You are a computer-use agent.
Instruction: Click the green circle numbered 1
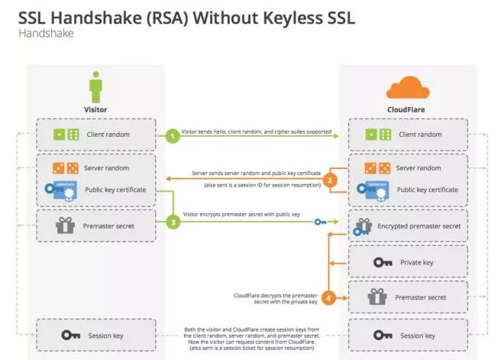(173, 136)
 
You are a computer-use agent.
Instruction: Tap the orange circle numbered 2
(330, 180)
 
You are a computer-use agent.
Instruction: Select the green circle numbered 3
(173, 222)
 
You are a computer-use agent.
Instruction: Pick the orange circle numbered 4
(328, 298)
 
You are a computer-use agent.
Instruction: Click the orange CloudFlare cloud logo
(407, 88)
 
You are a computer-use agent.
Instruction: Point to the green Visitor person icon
(96, 87)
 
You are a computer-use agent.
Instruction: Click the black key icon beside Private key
(383, 262)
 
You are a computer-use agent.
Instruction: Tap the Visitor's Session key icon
(70, 335)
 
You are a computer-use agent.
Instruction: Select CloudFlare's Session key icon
(383, 335)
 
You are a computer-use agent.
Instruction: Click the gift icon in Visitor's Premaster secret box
(65, 225)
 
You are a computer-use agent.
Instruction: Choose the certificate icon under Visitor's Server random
(61, 191)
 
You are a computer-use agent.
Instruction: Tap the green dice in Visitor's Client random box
(66, 135)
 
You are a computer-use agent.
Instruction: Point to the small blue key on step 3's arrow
(320, 222)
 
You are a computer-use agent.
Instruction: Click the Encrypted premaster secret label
(419, 226)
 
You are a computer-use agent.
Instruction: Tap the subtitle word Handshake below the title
(46, 34)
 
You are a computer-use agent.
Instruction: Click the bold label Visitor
(95, 109)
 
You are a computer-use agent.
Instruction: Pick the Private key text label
(417, 262)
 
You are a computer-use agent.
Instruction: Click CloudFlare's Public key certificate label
(427, 190)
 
